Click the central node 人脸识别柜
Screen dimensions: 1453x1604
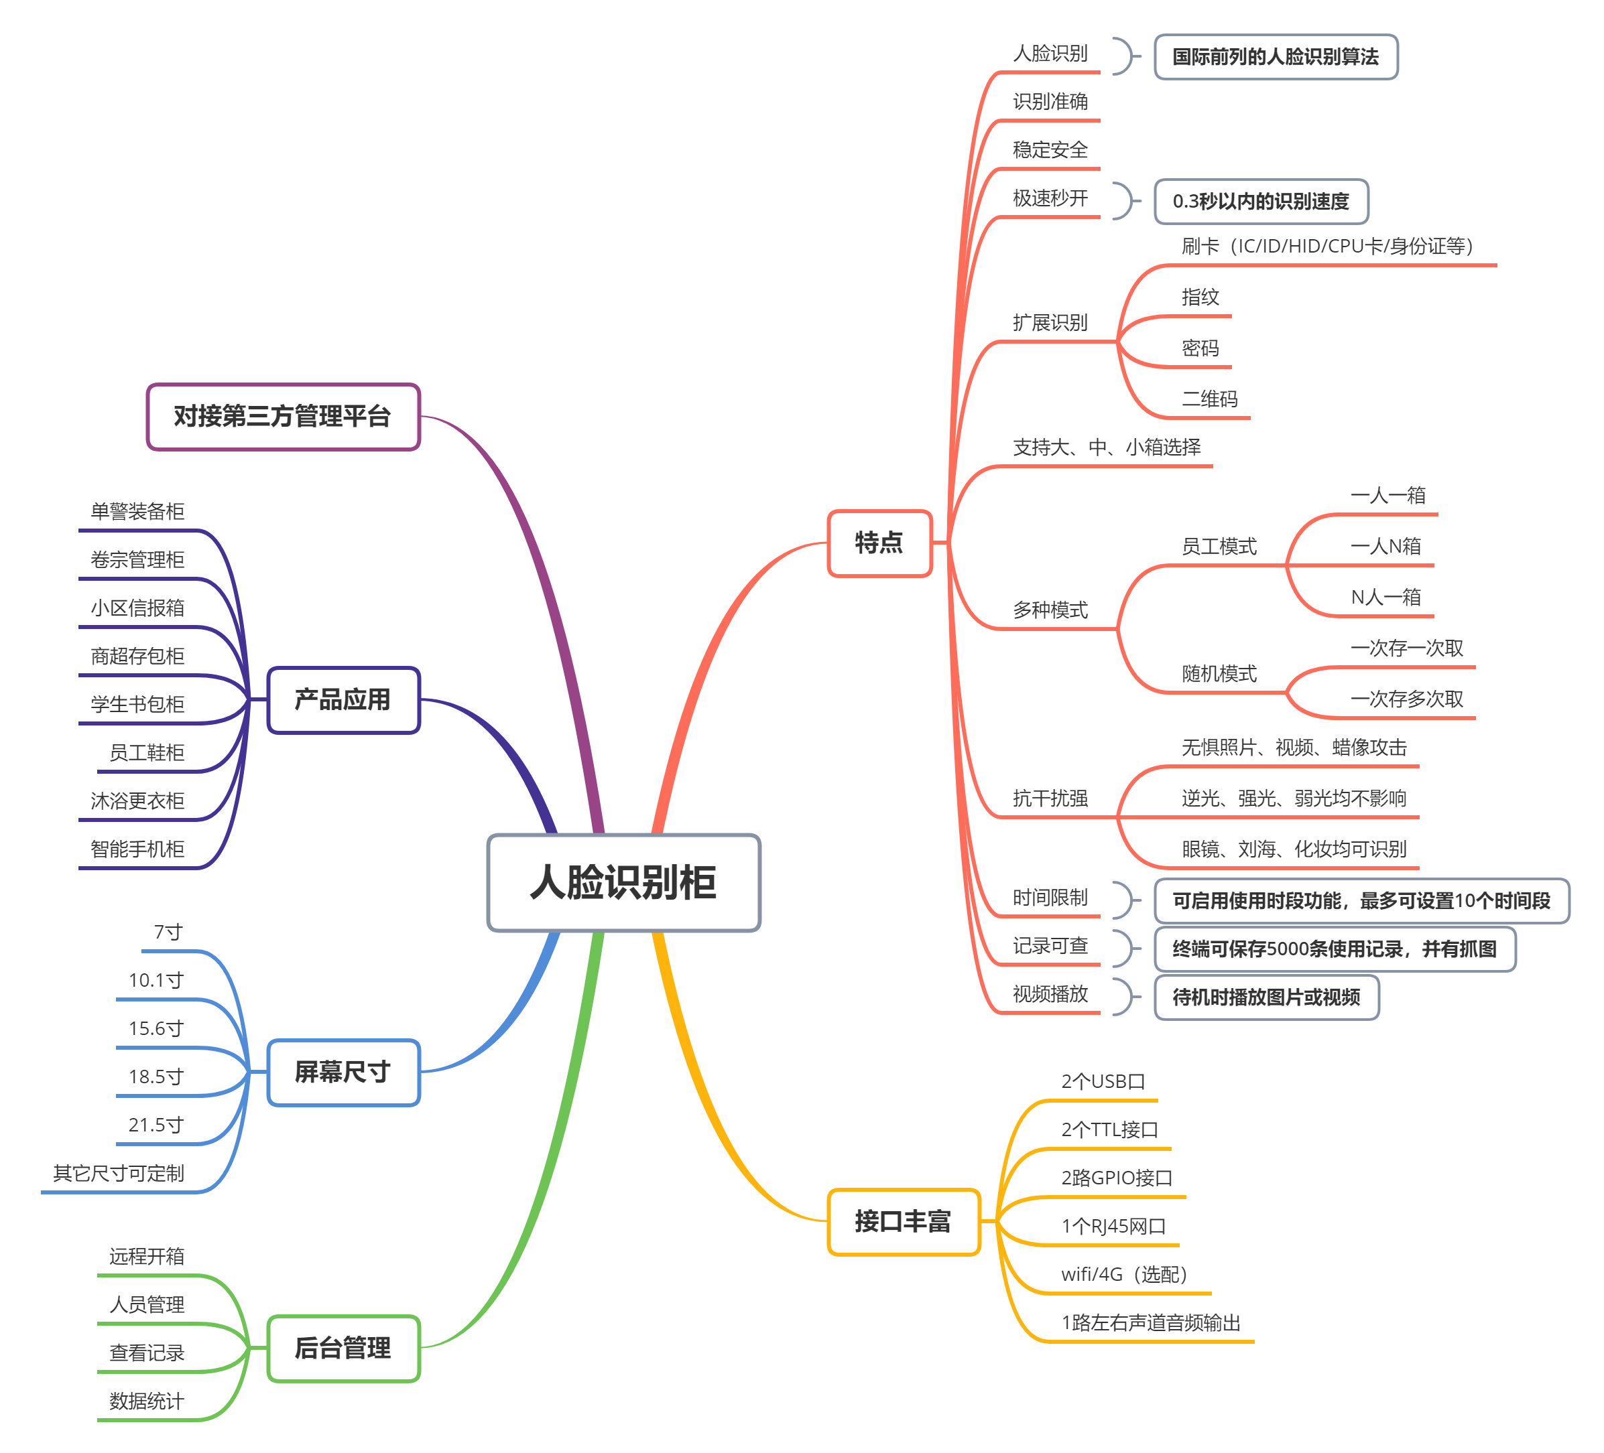tap(624, 882)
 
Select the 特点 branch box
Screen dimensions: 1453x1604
tap(879, 543)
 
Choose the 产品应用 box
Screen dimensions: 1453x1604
tap(343, 700)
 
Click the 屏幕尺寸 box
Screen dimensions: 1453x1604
tap(343, 1072)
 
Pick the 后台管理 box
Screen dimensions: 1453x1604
tap(343, 1348)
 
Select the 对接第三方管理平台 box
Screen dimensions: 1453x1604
tap(284, 417)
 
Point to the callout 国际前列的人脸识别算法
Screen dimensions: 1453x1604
tap(1276, 57)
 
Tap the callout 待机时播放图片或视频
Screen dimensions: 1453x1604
tap(1267, 997)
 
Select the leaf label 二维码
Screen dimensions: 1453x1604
tap(1209, 399)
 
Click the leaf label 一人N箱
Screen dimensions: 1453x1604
tap(1385, 547)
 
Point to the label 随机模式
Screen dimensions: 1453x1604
tap(1219, 675)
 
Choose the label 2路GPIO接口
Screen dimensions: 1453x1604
tap(1116, 1178)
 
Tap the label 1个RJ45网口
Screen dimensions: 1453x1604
tap(1113, 1227)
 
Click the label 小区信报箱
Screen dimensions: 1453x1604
tap(137, 608)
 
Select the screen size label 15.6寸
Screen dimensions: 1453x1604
tap(156, 1028)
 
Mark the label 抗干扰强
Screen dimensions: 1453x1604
tap(1050, 799)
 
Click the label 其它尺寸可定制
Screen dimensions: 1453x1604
tap(119, 1174)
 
